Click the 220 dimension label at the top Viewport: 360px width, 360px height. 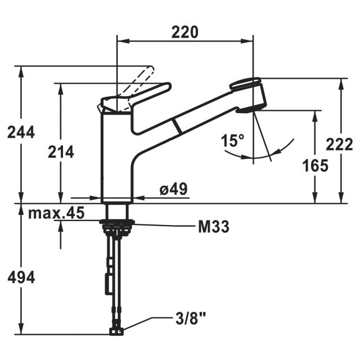tap(185, 32)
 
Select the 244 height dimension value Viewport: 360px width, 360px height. tap(21, 132)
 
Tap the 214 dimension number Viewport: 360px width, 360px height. tap(60, 151)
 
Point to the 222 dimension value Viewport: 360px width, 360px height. tap(339, 144)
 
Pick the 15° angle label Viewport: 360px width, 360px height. tap(232, 141)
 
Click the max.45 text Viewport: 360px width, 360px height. tap(56, 214)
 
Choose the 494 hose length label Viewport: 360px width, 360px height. tap(21, 277)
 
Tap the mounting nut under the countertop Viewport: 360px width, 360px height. tap(117, 226)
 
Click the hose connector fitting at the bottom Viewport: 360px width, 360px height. tap(117, 330)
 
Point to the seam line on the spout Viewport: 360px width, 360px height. tap(178, 125)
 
